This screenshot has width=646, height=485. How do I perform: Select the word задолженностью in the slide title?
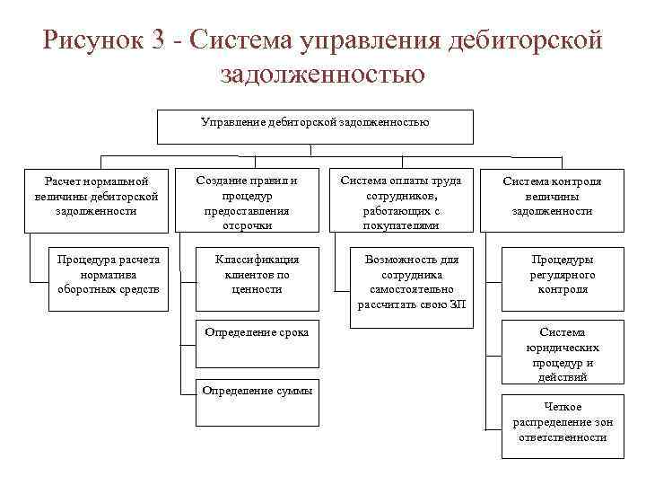pyautogui.click(x=322, y=74)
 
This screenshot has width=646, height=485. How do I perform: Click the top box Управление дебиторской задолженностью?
pyautogui.click(x=315, y=126)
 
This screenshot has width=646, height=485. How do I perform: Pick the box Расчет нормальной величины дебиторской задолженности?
pyautogui.click(x=97, y=195)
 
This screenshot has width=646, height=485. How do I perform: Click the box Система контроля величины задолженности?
pyautogui.click(x=552, y=195)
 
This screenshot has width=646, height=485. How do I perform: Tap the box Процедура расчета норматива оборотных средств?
pyautogui.click(x=108, y=275)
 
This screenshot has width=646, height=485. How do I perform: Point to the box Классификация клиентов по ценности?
pyautogui.click(x=258, y=274)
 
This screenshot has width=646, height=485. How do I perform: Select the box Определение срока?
pyautogui.click(x=258, y=345)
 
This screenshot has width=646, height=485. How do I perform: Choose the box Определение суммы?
pyautogui.click(x=258, y=401)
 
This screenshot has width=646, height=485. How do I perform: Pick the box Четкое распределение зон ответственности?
pyautogui.click(x=563, y=422)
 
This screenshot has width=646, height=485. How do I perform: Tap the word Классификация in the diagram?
pyautogui.click(x=258, y=259)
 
